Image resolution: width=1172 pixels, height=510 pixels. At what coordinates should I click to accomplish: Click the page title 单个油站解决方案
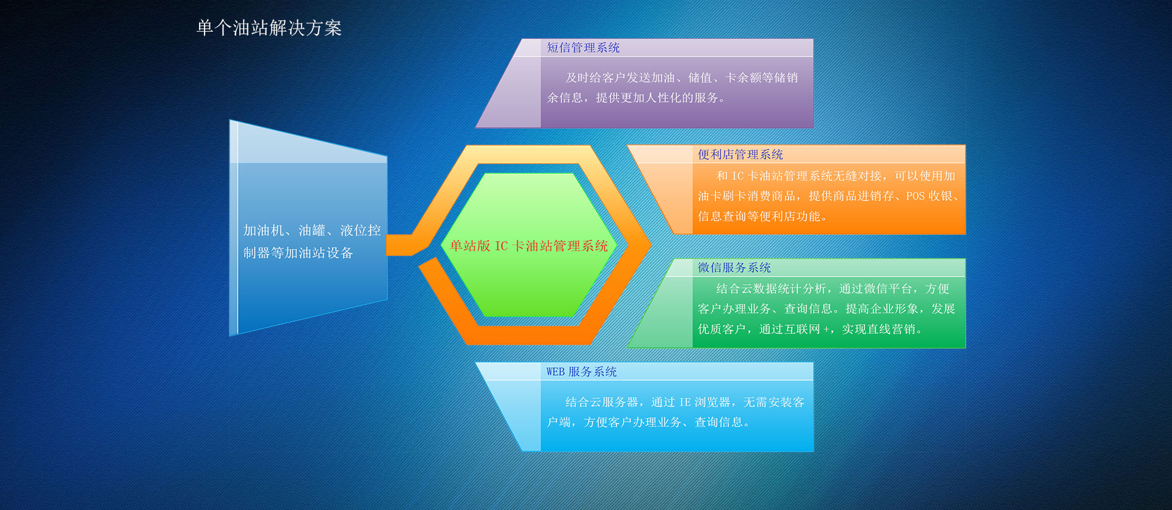coord(269,28)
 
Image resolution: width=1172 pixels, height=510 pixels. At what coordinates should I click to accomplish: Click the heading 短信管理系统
coord(583,48)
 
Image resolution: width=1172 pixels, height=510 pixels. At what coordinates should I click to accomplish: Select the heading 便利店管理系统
coord(740,154)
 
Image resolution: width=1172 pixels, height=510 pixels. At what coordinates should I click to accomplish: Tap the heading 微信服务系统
coord(734,267)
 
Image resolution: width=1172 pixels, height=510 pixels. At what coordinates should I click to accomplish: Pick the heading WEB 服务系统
coord(582,372)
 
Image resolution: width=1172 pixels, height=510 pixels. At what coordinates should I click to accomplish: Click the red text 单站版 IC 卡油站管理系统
coord(529,246)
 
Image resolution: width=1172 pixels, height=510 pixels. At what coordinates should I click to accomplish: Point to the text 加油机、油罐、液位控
coord(312,230)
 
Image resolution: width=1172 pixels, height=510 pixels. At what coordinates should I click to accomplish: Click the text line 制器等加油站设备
coord(298,253)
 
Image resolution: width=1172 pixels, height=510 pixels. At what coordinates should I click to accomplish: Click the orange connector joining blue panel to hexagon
coord(400,245)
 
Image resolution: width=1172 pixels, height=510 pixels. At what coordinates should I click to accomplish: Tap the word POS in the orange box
coord(915,196)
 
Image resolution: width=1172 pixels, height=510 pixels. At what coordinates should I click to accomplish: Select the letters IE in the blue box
coord(685,402)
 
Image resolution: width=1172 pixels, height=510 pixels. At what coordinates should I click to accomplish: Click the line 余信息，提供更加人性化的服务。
coord(635,98)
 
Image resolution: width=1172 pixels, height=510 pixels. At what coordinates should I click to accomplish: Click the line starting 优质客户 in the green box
coord(809,329)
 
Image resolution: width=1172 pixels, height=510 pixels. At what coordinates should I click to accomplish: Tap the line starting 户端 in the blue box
coord(648,422)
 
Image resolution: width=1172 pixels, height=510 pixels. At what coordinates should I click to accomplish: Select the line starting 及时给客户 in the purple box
coord(682,77)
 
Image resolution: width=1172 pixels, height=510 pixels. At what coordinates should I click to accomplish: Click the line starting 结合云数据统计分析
coord(833,289)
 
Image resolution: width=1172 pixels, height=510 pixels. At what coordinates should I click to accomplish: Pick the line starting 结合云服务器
coord(685,402)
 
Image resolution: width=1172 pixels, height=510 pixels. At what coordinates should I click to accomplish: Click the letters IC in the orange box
coord(737,176)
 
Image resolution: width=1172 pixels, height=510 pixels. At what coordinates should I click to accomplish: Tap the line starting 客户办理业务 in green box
coord(827,309)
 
